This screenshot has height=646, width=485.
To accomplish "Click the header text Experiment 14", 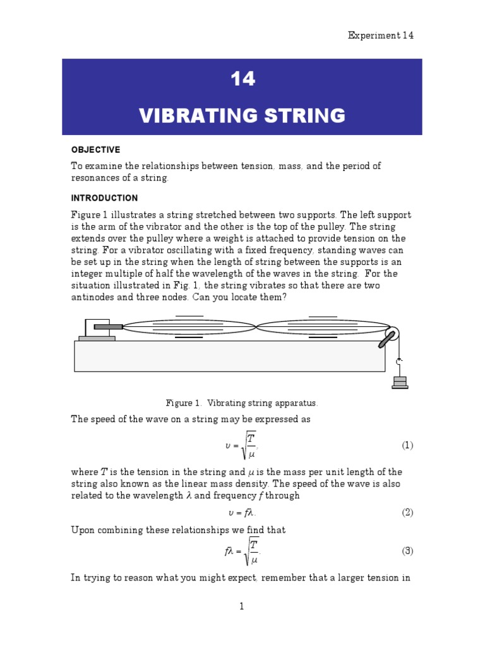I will pos(381,35).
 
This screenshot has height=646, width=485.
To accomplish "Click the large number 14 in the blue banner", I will pos(242,79).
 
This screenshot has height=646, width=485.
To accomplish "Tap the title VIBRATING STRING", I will pos(242,115).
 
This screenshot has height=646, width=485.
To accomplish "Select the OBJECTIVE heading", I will pos(95,150).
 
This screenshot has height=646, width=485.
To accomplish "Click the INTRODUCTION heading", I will pos(104,198).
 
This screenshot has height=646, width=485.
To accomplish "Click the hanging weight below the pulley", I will pos(399,381).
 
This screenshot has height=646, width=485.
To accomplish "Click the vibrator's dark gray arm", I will pos(108,326).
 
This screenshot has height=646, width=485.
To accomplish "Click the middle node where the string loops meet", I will pos(255,327).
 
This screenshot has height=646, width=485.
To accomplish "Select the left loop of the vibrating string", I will pos(189,327).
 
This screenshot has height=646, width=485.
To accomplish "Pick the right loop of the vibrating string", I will pos(323,327).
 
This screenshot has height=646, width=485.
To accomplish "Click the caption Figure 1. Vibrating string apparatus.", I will pos(242,402).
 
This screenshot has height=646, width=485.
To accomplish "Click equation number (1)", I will pos(407,445).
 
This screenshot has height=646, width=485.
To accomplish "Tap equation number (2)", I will pos(407,512).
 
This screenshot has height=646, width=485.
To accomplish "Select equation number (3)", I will pos(407,551).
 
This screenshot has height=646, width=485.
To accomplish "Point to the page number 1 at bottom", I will pos(241,607).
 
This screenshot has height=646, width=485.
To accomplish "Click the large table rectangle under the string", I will pos(229,356).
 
